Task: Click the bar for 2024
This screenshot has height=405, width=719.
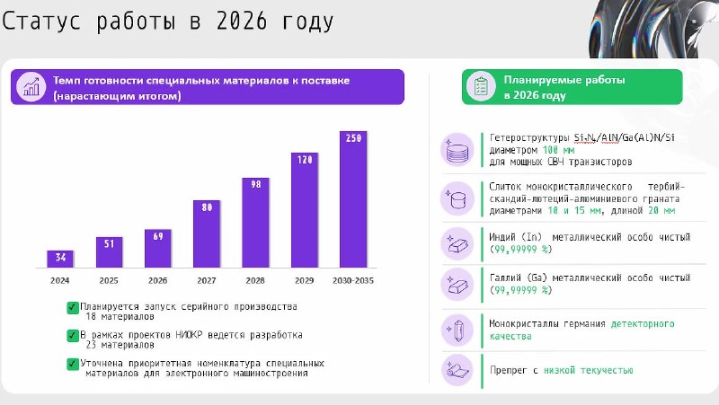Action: pos(60,259)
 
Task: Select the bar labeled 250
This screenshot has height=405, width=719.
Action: pos(353,199)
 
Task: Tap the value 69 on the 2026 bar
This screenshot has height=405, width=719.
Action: pos(158,236)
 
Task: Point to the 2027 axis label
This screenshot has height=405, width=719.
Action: pos(207,280)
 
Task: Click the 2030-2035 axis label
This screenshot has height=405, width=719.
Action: pos(353,280)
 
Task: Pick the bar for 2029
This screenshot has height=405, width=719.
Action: pos(305,210)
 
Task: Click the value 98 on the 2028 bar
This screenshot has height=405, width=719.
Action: pos(256,184)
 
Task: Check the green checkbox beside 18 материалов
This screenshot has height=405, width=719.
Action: pos(73,307)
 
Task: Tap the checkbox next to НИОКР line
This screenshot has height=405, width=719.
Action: pos(73,336)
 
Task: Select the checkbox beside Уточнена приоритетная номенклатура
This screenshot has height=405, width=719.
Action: pos(73,365)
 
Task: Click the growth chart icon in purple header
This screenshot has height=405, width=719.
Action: pos(31,86)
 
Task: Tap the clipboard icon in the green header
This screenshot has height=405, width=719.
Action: pos(481,86)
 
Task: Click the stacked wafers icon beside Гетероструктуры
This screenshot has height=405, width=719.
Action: pos(457,150)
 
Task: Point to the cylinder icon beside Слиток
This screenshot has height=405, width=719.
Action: pos(457,198)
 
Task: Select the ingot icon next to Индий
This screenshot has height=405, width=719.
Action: pos(457,243)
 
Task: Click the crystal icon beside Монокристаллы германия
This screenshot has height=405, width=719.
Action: pos(457,330)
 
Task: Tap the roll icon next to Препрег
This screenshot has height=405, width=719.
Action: pos(457,370)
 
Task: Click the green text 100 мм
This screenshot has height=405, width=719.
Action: pos(558,150)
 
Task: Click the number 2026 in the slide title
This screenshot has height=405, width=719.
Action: pos(242,21)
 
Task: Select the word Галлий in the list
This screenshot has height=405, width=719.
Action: pos(505,277)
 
